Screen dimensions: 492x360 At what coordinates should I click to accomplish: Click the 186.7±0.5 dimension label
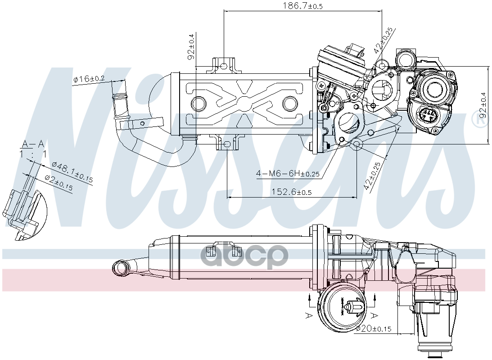(x=302, y=6)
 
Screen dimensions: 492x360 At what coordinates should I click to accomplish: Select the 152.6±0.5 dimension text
(x=291, y=192)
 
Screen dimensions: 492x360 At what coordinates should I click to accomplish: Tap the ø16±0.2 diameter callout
(x=89, y=79)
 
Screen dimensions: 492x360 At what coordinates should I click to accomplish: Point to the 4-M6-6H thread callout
(x=287, y=173)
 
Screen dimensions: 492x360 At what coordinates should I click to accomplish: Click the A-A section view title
(x=33, y=144)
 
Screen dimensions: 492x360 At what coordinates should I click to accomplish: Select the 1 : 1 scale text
(x=33, y=154)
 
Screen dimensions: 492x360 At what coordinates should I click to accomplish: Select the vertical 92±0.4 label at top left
(x=191, y=47)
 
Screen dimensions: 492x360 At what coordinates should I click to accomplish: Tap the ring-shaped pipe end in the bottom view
(x=120, y=267)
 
